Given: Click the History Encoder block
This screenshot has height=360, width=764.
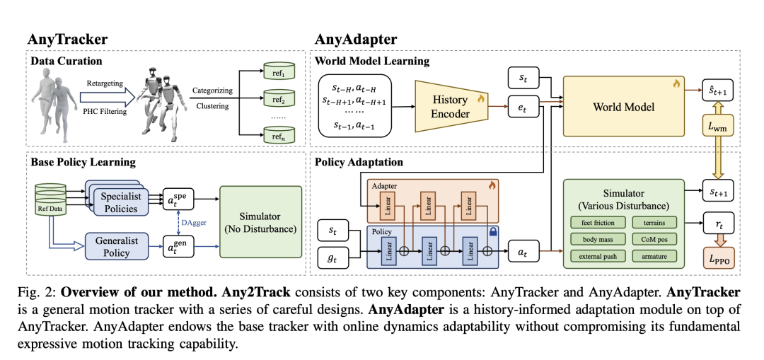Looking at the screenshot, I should click(x=451, y=106).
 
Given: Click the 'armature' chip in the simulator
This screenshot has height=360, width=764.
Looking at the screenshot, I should click(x=654, y=255).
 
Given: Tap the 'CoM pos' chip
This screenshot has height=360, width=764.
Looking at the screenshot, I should click(x=654, y=240).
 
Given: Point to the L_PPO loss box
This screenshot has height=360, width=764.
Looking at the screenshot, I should click(x=721, y=256).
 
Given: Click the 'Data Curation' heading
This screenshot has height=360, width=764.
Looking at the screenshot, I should click(x=66, y=62).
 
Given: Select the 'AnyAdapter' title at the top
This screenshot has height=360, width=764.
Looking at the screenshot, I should click(x=355, y=39).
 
